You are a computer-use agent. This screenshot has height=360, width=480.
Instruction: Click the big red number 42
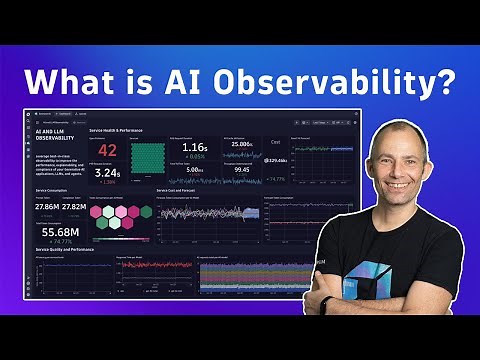pyautogui.click(x=107, y=151)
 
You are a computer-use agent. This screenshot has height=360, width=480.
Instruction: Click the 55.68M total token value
pyautogui.click(x=60, y=230)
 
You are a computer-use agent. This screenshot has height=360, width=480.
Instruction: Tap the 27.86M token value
pyautogui.click(x=45, y=206)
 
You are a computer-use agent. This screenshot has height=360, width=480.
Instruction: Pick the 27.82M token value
pyautogui.click(x=73, y=206)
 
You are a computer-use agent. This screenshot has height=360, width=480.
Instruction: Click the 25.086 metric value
pyautogui.click(x=240, y=145)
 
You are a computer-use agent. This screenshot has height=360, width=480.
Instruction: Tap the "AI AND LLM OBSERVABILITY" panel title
pyautogui.click(x=53, y=134)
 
